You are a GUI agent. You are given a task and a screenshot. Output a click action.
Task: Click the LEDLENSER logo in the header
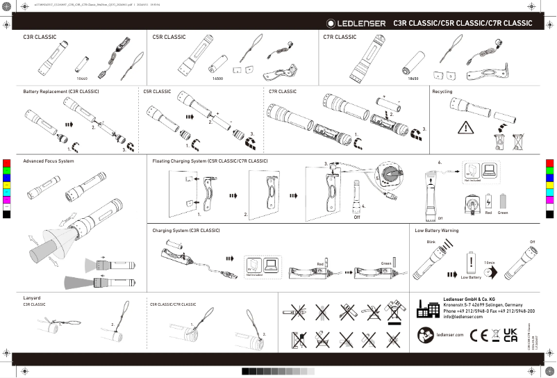(356, 24)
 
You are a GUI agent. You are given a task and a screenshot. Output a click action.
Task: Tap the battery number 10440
(81, 79)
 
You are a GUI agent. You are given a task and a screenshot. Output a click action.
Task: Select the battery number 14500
(217, 79)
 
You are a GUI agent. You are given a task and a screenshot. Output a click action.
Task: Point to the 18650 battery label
(413, 79)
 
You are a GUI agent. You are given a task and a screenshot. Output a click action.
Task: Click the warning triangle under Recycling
(465, 128)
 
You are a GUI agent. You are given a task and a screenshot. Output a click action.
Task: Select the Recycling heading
(442, 92)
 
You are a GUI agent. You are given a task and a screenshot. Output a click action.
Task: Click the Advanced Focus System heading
(49, 161)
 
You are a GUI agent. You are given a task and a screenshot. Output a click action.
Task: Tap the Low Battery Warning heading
(437, 230)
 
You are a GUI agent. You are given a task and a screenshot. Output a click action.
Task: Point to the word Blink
(431, 242)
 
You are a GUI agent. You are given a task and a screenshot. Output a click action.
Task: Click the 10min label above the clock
(490, 262)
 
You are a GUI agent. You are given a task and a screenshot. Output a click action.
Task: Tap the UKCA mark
(510, 335)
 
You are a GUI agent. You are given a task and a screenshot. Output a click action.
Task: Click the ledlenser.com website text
(449, 335)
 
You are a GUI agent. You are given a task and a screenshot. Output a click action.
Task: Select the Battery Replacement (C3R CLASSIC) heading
(61, 92)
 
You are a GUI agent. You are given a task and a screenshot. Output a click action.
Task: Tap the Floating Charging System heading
(210, 161)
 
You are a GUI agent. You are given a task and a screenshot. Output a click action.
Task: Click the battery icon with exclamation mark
(471, 262)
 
